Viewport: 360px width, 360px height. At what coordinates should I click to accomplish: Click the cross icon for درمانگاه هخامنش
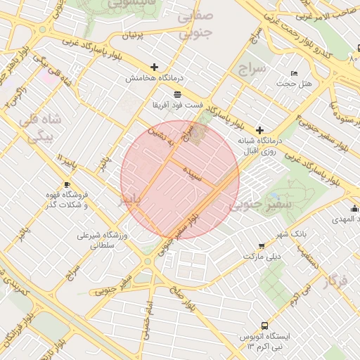pos(155,67)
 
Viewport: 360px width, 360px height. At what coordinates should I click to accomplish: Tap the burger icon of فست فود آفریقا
pos(176,94)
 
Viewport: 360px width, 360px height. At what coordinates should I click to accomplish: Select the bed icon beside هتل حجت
pos(294,73)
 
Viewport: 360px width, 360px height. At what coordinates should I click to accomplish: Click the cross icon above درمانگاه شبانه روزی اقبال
pos(260,130)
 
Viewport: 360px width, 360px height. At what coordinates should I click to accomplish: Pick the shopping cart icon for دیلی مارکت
pos(262,246)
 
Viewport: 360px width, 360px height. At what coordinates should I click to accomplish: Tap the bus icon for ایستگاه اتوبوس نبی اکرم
pos(264,326)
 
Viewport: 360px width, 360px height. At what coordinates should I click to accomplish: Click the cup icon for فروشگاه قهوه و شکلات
pos(67,184)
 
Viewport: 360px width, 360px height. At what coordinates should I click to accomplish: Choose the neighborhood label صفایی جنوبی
pos(195,24)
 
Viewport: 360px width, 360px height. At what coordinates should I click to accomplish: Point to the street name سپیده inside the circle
pos(193,174)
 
